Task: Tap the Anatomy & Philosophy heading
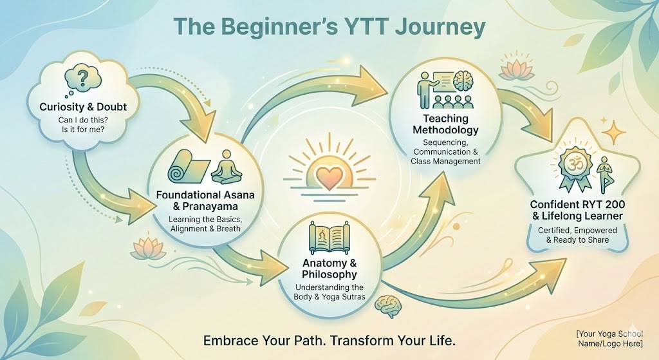pyautogui.click(x=329, y=269)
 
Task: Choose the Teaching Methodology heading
pyautogui.click(x=445, y=125)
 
